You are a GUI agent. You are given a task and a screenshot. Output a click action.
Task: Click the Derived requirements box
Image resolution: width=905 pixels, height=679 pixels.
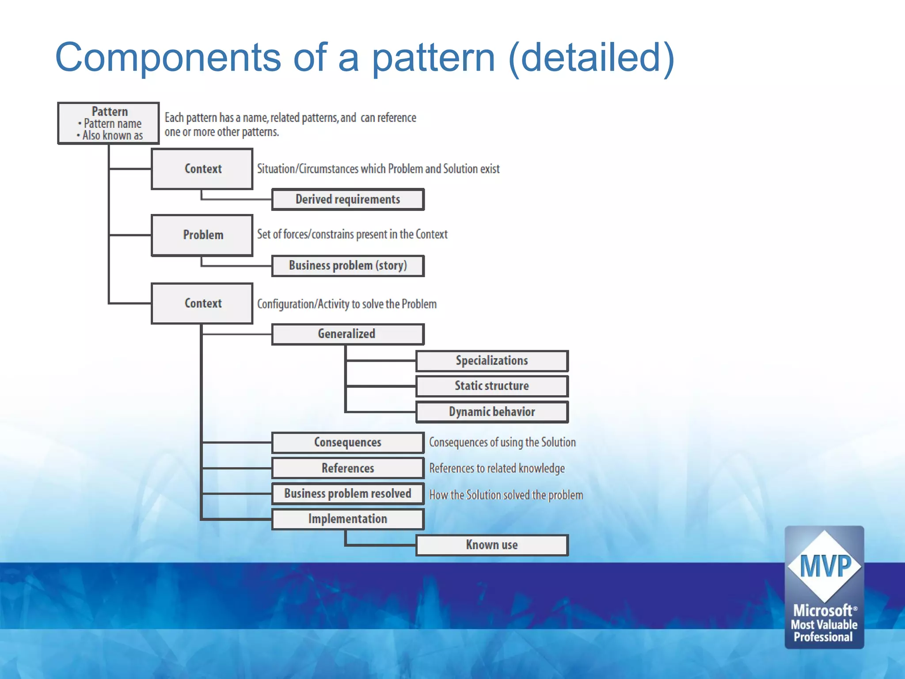tap(348, 199)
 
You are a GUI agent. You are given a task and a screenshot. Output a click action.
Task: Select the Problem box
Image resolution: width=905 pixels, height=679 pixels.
tap(202, 235)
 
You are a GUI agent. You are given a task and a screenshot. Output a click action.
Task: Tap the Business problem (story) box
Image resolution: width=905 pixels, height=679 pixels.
tap(348, 266)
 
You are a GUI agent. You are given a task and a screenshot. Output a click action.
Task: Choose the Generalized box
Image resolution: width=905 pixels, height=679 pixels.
tap(348, 334)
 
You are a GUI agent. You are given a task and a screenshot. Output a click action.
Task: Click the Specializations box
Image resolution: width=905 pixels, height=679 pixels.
tap(492, 361)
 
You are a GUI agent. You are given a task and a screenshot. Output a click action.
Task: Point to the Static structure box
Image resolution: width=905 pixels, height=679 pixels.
tap(492, 386)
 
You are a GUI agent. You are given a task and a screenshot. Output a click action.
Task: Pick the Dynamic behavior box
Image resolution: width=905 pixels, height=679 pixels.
tap(492, 412)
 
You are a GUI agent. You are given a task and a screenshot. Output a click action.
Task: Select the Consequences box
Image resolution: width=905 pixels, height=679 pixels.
tap(348, 442)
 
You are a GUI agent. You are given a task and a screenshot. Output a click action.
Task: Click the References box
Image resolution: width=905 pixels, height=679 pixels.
tap(348, 468)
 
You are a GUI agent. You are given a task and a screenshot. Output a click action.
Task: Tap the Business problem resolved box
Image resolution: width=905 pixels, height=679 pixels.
tap(348, 494)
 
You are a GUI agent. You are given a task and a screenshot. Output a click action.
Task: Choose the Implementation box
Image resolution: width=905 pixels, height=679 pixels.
tap(348, 519)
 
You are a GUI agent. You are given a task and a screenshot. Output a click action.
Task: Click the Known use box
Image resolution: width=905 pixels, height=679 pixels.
tap(492, 545)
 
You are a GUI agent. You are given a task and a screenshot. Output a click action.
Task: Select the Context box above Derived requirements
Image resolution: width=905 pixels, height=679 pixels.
tap(202, 169)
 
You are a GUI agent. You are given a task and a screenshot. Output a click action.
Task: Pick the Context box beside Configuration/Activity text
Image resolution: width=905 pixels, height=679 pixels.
tap(202, 304)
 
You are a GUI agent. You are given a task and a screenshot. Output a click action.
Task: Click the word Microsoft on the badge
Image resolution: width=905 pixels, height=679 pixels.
tap(823, 610)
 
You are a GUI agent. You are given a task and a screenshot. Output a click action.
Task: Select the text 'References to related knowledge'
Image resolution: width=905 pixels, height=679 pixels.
tap(497, 469)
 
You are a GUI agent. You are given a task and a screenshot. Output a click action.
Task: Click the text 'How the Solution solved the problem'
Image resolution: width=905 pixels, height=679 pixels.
tap(506, 495)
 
